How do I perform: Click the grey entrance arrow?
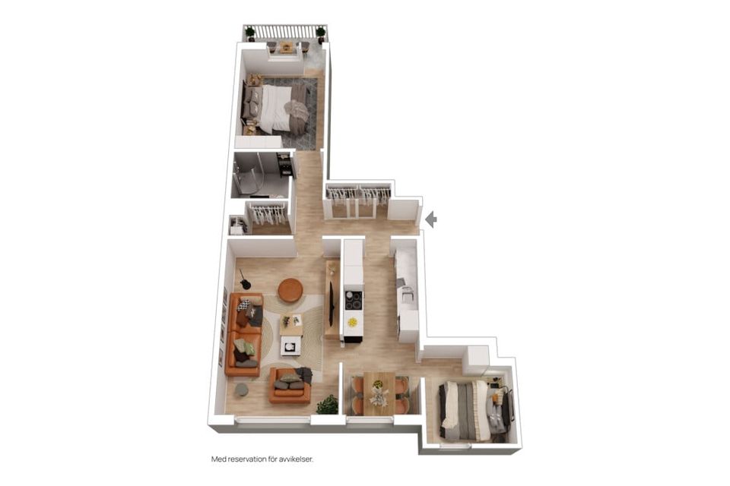[432, 219]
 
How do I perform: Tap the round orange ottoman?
[290, 290]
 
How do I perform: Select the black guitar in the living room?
[244, 279]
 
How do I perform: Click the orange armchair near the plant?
[290, 386]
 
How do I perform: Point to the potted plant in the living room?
[328, 405]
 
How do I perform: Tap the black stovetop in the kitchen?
[354, 300]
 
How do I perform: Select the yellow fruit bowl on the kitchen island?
[353, 322]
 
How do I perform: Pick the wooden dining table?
[379, 393]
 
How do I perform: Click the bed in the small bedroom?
[465, 410]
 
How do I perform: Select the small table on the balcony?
[287, 47]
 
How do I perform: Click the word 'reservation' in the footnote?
[247, 459]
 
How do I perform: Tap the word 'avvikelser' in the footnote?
[296, 459]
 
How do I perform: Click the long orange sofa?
[243, 334]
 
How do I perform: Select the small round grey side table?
[241, 390]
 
